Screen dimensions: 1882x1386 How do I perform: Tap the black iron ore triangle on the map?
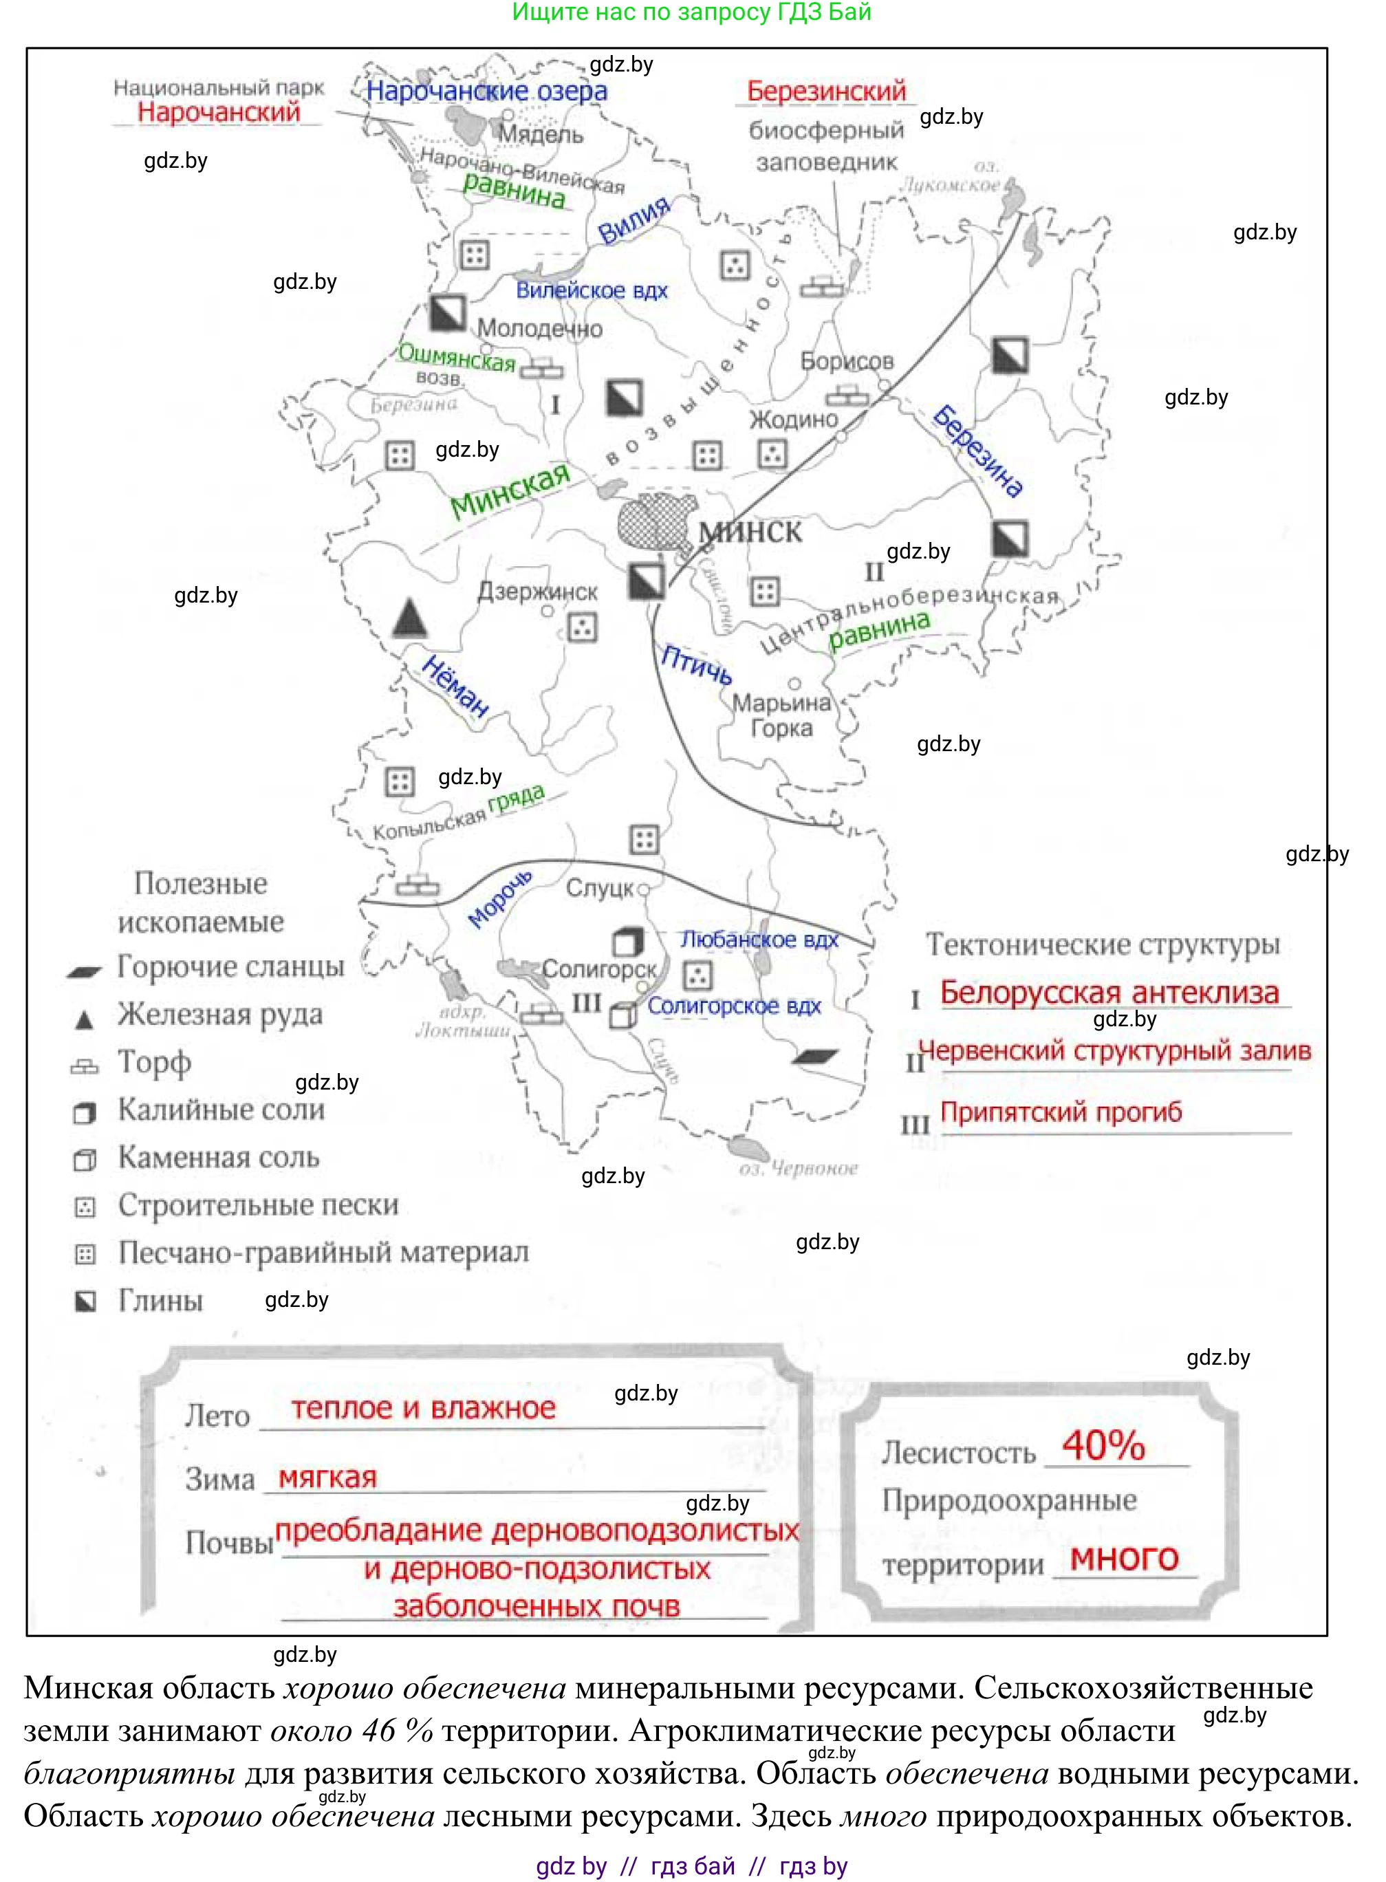click(x=409, y=618)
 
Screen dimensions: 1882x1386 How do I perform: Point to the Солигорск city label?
click(x=598, y=969)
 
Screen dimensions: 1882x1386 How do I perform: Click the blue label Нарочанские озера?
click(x=486, y=91)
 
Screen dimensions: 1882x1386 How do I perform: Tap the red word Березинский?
click(x=826, y=91)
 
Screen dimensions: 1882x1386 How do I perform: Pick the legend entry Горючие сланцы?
click(x=230, y=966)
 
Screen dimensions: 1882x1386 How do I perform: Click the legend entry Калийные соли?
click(x=221, y=1110)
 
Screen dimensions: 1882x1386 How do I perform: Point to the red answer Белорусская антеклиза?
click(x=1109, y=992)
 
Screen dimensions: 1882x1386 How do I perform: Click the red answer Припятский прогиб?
click(x=1061, y=1112)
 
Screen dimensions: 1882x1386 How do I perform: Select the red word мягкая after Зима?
click(x=327, y=1477)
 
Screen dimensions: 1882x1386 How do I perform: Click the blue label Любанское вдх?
click(x=759, y=939)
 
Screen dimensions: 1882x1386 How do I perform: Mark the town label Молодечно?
click(x=539, y=328)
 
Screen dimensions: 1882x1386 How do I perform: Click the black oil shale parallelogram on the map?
click(x=814, y=1057)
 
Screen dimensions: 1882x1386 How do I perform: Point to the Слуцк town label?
click(x=599, y=888)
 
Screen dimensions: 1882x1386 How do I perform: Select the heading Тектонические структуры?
click(x=1103, y=944)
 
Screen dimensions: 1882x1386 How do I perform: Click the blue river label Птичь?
click(x=695, y=664)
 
